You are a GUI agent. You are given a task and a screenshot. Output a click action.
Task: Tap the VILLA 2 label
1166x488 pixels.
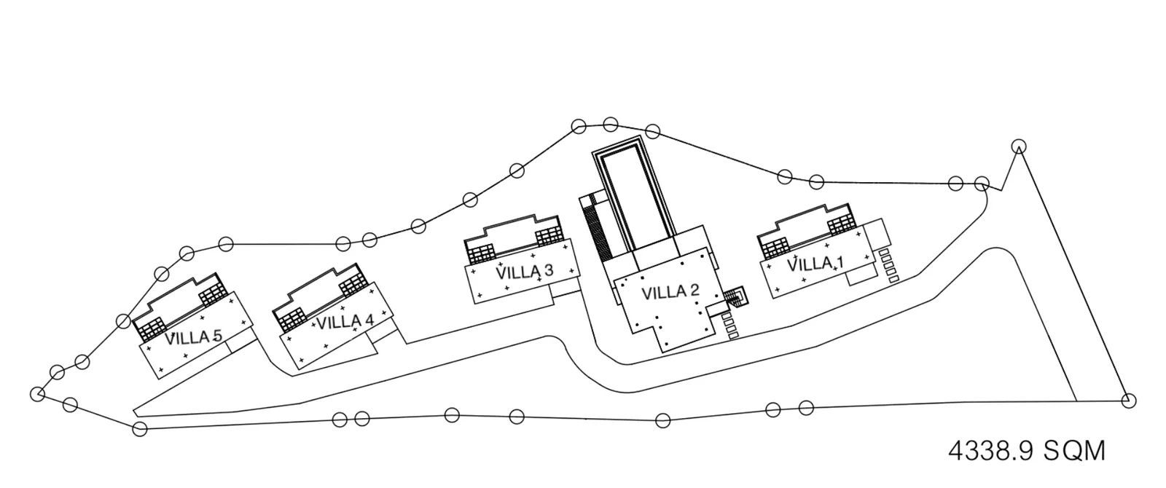coord(670,292)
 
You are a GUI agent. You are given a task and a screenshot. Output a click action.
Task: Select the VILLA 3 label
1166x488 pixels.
coord(524,272)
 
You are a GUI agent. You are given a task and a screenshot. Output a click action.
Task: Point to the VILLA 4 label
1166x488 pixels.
coord(345,322)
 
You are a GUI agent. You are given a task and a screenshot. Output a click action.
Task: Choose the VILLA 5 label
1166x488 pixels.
coord(194,337)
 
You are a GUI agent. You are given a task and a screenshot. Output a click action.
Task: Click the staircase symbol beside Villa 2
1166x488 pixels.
coord(735,298)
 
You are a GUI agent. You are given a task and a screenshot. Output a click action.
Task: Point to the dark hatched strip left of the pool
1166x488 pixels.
coord(598,232)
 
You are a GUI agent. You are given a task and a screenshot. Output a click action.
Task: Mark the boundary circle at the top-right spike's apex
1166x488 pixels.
coord(1019,147)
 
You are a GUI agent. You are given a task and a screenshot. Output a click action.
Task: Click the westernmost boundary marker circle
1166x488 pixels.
coord(37,394)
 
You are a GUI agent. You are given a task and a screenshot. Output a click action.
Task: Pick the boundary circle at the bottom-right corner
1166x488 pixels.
coord(1129,401)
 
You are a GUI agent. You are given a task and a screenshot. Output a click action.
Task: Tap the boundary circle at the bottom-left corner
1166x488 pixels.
coord(139,429)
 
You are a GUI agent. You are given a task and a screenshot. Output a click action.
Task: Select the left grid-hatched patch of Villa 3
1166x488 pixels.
coord(481,254)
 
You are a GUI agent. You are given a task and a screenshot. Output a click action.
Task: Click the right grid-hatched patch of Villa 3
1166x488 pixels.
coord(549,236)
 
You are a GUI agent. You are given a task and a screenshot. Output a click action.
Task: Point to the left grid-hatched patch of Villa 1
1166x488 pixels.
coord(775,248)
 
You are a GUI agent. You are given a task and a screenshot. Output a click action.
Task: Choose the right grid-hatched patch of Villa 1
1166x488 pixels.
coord(842,225)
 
